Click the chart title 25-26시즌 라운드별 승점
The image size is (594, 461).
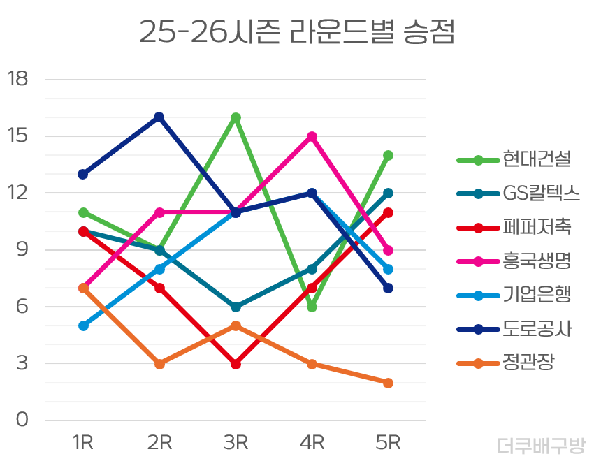click(x=296, y=32)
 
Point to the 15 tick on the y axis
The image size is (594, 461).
click(x=18, y=136)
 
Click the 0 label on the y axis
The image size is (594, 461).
click(x=22, y=420)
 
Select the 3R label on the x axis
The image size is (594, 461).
click(x=236, y=442)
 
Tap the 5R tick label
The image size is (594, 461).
click(x=388, y=442)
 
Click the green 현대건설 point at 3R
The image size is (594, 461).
click(x=236, y=117)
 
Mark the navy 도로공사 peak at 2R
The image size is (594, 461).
click(x=159, y=117)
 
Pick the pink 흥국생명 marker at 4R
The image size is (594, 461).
click(x=312, y=136)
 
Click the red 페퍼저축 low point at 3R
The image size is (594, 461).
click(x=236, y=364)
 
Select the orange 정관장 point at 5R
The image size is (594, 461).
click(x=388, y=383)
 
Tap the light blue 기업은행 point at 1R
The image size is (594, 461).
click(x=83, y=325)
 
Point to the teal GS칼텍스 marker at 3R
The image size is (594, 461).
click(x=236, y=307)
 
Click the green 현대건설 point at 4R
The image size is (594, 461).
click(x=312, y=307)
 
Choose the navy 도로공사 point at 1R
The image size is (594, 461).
click(x=83, y=174)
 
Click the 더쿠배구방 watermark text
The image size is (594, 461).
click(x=542, y=445)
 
